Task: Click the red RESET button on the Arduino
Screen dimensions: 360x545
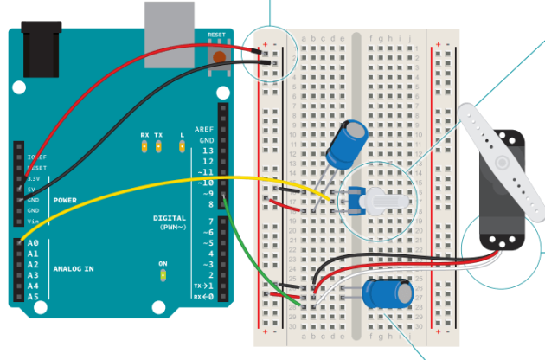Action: pos(219,57)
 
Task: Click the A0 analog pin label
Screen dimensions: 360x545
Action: pos(34,244)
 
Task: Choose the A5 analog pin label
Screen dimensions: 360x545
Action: pos(34,296)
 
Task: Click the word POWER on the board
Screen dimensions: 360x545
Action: pos(65,199)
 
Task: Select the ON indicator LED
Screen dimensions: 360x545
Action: pos(163,276)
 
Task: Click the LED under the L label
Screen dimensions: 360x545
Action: pos(183,148)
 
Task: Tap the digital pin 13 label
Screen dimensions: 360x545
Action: pos(207,151)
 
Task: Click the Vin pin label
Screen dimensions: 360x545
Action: pos(33,222)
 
